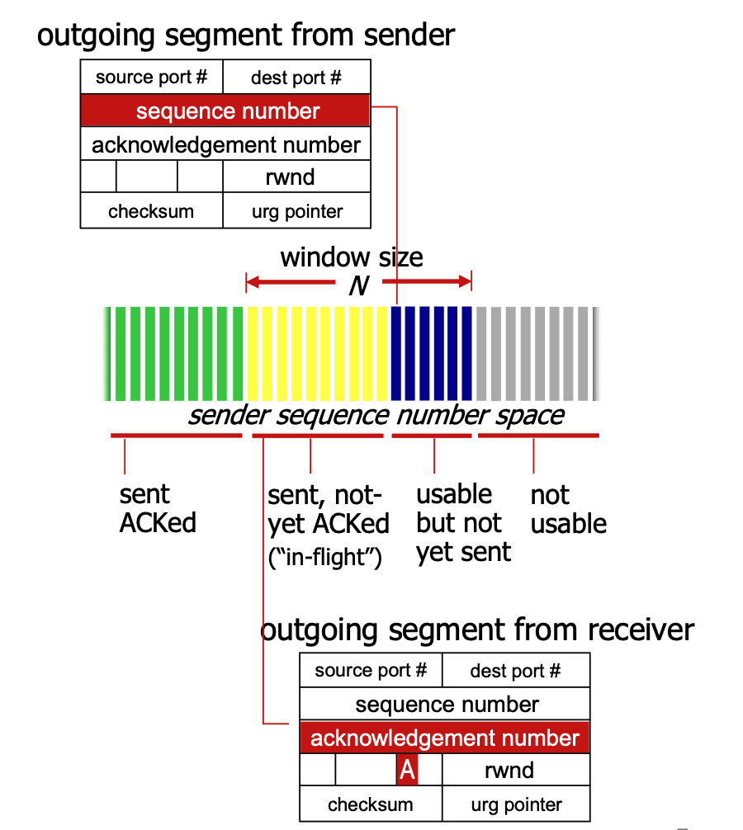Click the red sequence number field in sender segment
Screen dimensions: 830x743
click(x=226, y=111)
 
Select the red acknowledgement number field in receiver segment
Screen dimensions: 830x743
click(x=445, y=737)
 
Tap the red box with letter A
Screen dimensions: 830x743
click(x=407, y=771)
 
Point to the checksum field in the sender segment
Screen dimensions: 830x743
click(x=151, y=211)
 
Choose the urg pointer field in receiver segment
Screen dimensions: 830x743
click(x=516, y=804)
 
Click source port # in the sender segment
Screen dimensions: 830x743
click(x=151, y=78)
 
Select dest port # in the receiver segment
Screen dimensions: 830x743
click(x=515, y=671)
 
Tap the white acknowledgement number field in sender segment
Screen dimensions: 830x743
click(x=226, y=145)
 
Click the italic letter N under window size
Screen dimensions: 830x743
click(x=357, y=285)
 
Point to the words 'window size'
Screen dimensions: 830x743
click(x=352, y=257)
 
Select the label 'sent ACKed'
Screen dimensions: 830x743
click(x=157, y=508)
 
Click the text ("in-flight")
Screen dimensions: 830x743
click(x=325, y=557)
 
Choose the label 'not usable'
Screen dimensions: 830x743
click(x=568, y=509)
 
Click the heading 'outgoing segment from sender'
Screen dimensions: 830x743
click(x=246, y=35)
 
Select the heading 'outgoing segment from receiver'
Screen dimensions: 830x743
click(x=477, y=630)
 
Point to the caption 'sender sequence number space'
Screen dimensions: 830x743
click(x=376, y=414)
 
